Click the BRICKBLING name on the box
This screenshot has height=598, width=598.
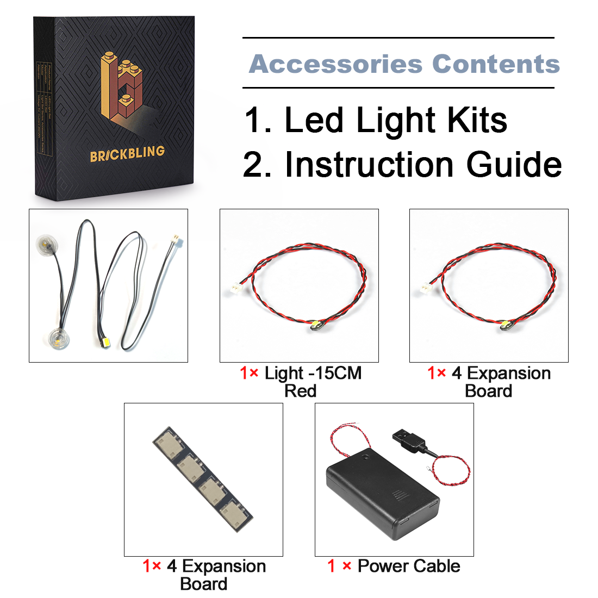127,153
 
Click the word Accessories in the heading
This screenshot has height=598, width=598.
335,64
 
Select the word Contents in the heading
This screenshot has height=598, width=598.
496,64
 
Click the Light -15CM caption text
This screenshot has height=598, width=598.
313,373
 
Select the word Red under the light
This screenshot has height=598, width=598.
300,391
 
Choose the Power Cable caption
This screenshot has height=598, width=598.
409,566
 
